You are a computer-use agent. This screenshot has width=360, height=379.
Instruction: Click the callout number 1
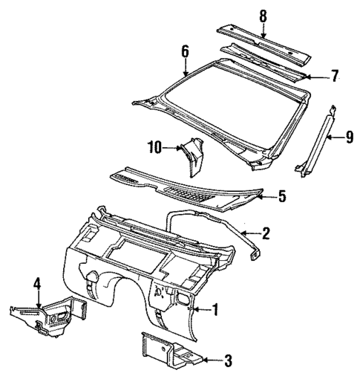click(215, 309)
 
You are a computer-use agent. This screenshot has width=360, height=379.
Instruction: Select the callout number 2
click(266, 233)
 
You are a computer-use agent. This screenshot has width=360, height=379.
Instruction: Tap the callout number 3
click(229, 362)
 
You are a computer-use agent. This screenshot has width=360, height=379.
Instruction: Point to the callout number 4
click(38, 283)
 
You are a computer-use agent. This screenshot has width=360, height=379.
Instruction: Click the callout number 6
click(186, 51)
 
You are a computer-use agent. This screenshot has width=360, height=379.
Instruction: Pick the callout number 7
click(334, 76)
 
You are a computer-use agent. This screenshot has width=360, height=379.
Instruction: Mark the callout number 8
click(261, 15)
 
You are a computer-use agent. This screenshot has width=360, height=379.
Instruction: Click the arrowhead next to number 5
click(265, 197)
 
